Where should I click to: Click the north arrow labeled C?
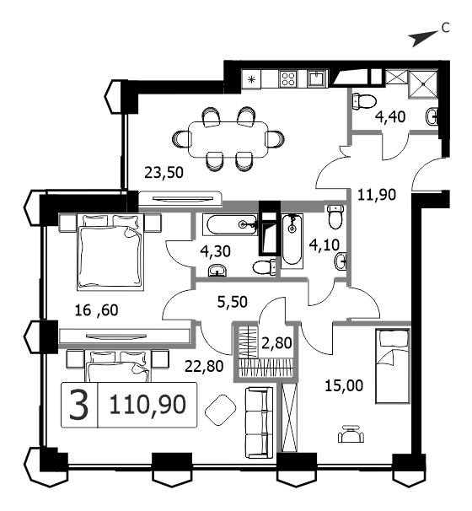point(423,38)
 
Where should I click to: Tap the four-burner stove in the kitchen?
point(288,78)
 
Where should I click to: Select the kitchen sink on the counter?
point(317,78)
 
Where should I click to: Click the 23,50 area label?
point(164,172)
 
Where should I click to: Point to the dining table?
point(228,139)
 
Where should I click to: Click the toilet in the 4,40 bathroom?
point(364,100)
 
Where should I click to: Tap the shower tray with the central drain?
point(423,83)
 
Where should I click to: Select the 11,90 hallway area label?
point(377,195)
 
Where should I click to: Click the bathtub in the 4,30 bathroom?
point(230,224)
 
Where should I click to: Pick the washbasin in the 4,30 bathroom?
point(217,270)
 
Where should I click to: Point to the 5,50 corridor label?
point(233,302)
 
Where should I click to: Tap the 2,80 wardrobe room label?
point(276,343)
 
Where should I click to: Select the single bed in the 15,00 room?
point(392,366)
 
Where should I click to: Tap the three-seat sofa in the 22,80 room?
point(259,422)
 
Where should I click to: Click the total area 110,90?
point(147,405)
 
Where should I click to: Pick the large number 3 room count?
point(79,405)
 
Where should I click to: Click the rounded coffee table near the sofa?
point(220,410)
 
